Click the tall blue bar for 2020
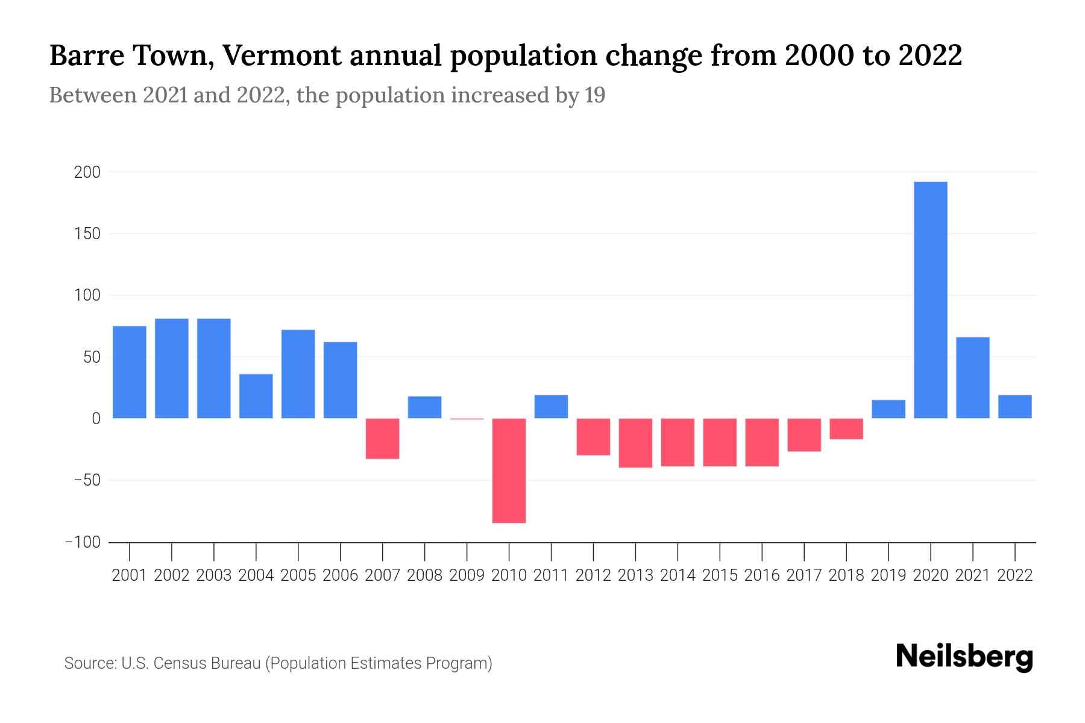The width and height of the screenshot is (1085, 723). [x=930, y=299]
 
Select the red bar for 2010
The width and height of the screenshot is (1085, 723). [x=509, y=471]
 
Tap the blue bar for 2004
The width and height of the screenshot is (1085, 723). [x=256, y=396]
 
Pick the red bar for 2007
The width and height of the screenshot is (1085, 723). [x=382, y=439]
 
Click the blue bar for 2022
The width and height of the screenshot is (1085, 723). [x=1014, y=407]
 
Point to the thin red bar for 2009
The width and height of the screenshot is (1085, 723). [x=467, y=419]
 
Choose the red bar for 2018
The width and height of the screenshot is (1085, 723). [x=846, y=429]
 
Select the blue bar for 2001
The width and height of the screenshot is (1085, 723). [x=130, y=372]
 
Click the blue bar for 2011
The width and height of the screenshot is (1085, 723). [x=551, y=407]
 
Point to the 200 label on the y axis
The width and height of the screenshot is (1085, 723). [x=87, y=172]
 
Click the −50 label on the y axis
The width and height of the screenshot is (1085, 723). [x=83, y=480]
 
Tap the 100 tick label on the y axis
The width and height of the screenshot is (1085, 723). [x=87, y=295]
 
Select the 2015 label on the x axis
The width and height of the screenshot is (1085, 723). [x=720, y=575]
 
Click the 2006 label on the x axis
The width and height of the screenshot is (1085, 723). [x=340, y=575]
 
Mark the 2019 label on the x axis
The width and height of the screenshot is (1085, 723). [x=888, y=575]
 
